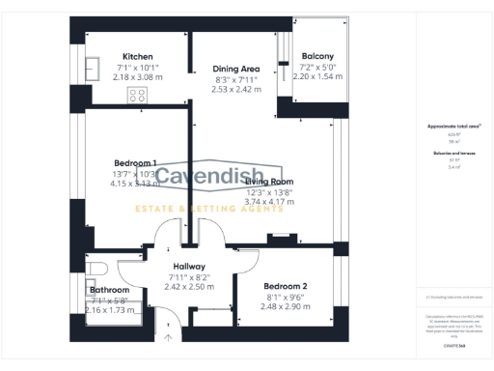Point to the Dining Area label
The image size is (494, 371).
point(236,69)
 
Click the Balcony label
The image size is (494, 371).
point(317,56)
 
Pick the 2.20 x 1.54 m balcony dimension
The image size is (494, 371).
point(317,75)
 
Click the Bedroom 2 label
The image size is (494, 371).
point(286,286)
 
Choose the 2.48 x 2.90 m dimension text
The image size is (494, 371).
point(286,305)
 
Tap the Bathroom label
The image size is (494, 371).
point(109,290)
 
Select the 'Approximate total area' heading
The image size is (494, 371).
point(453,127)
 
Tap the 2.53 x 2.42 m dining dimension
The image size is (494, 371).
point(236,89)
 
